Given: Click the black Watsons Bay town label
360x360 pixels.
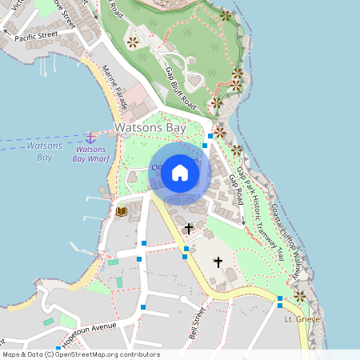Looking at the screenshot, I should pyautogui.click(x=151, y=127).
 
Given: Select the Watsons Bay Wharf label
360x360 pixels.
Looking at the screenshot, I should pyautogui.click(x=90, y=154).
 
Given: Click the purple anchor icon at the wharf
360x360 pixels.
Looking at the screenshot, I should pyautogui.click(x=90, y=138).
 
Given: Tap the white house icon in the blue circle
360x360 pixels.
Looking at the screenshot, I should pyautogui.click(x=179, y=172).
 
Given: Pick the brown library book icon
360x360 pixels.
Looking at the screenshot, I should pyautogui.click(x=122, y=211).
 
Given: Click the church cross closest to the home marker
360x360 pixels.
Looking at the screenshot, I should pyautogui.click(x=189, y=229).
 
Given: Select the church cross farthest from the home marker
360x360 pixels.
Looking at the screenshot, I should pyautogui.click(x=218, y=262).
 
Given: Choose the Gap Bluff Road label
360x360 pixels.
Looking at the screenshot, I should pyautogui.click(x=180, y=88).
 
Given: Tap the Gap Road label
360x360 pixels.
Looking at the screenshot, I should pyautogui.click(x=236, y=190).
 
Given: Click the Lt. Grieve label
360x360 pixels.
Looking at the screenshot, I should pyautogui.click(x=302, y=319).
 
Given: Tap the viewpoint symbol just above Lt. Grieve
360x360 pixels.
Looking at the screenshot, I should pyautogui.click(x=299, y=296).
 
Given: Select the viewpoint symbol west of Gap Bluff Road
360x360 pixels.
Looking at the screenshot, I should pyautogui.click(x=133, y=42).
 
